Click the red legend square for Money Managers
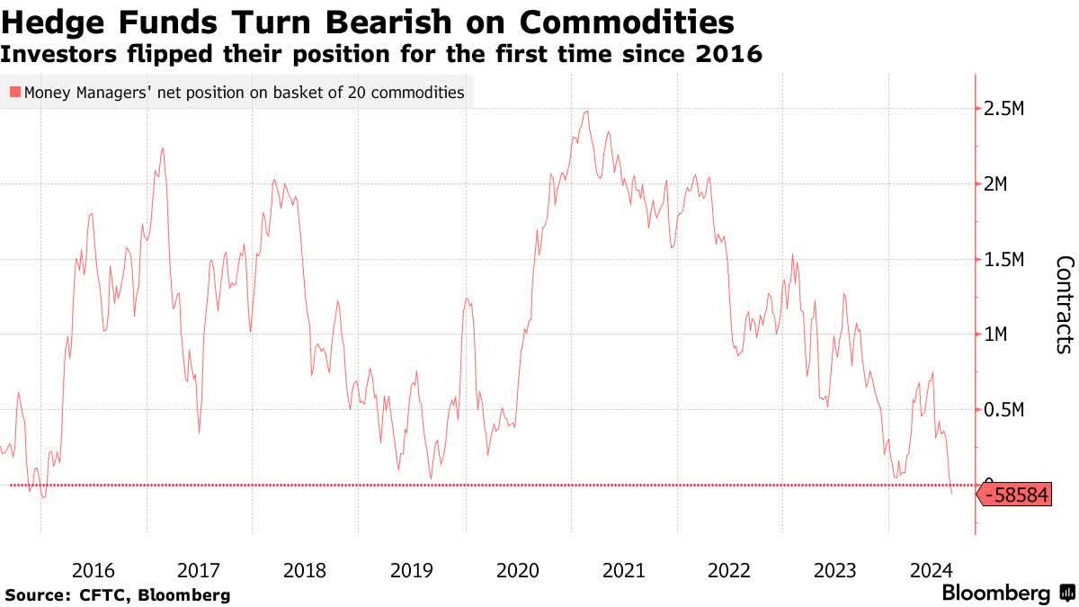14,92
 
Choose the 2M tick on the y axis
1000,184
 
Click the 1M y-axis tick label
1000,335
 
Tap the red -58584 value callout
1016,495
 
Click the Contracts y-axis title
1064,304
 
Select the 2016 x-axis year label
93,570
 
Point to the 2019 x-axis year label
412,570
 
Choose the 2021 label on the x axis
623,570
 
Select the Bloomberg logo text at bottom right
995,594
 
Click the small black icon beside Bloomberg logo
1067,594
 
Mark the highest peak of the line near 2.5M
586,112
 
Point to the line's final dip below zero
952,493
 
